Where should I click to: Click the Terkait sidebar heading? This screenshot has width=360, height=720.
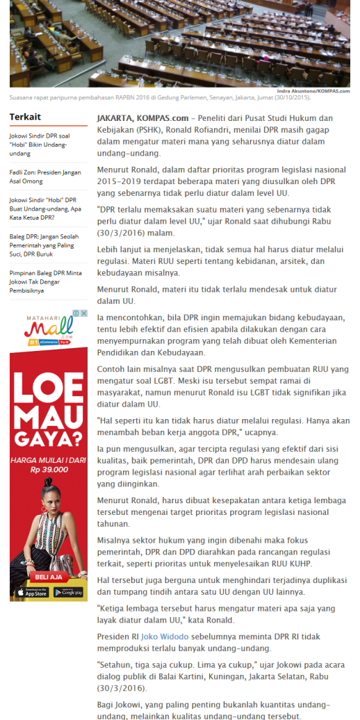point(25,117)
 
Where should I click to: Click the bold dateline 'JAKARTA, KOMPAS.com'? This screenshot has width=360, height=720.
point(142,117)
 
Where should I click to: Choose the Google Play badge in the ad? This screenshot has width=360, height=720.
point(67,592)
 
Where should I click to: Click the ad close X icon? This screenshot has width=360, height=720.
point(84,313)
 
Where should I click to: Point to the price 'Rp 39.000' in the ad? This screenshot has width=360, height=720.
point(48,469)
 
